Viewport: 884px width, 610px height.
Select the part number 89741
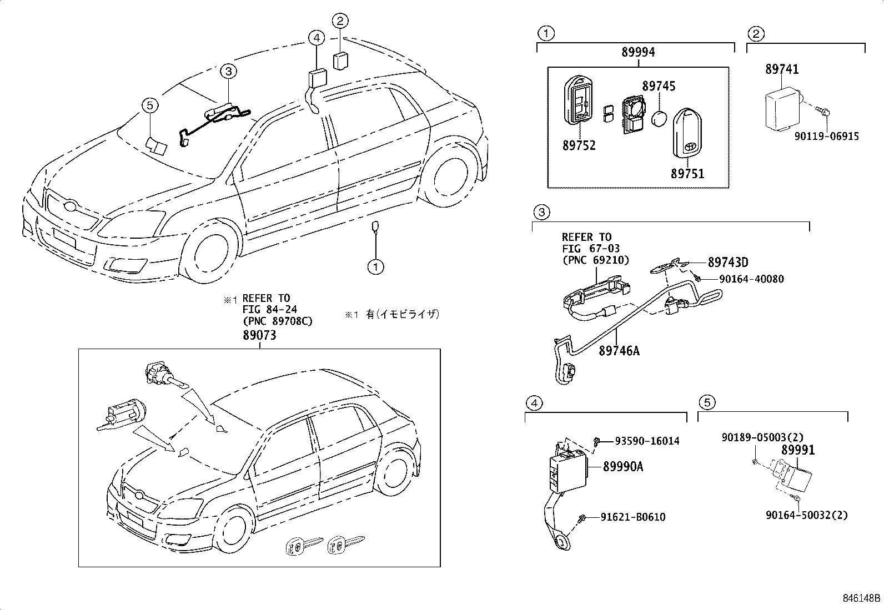pyautogui.click(x=782, y=69)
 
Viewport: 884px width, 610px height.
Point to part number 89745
pyautogui.click(x=659, y=87)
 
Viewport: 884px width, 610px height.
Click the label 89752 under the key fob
pyautogui.click(x=579, y=145)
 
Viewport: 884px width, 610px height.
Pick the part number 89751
pyautogui.click(x=687, y=174)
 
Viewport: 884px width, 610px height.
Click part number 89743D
pyautogui.click(x=727, y=262)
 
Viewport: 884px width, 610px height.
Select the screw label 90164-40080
pyautogui.click(x=751, y=279)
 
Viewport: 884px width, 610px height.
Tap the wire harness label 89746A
pyautogui.click(x=619, y=351)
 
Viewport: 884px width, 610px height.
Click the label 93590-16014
pyautogui.click(x=647, y=441)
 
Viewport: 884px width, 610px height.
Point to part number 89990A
pyautogui.click(x=623, y=467)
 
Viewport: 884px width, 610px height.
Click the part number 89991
pyautogui.click(x=798, y=450)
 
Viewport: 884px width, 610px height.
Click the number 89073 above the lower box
pyautogui.click(x=259, y=336)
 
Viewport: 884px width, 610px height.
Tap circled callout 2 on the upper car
pyautogui.click(x=340, y=21)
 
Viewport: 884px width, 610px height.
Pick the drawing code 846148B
pyautogui.click(x=861, y=598)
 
